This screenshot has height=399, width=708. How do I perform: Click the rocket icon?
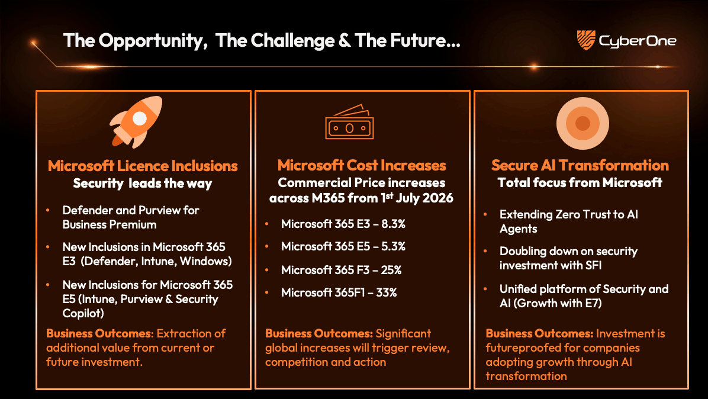(x=136, y=121)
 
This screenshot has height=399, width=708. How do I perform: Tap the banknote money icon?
(x=349, y=123)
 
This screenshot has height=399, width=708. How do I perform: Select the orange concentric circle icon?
(x=583, y=123)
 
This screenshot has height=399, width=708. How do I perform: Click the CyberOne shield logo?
(x=586, y=40)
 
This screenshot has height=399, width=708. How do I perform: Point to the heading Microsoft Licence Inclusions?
(x=143, y=166)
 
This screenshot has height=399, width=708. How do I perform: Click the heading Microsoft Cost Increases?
(x=362, y=165)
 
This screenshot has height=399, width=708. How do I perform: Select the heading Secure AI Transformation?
(x=580, y=165)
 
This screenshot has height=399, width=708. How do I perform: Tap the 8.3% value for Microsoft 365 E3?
(x=394, y=224)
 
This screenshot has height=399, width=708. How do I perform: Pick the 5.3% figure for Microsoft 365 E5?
(x=394, y=247)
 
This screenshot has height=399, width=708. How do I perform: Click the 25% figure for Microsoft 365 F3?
(x=391, y=270)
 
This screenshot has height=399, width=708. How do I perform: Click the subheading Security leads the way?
(x=142, y=184)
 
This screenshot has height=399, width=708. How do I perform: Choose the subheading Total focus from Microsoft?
(x=580, y=182)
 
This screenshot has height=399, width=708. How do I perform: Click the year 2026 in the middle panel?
(x=439, y=198)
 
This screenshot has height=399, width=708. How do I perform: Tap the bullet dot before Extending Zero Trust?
(x=486, y=214)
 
